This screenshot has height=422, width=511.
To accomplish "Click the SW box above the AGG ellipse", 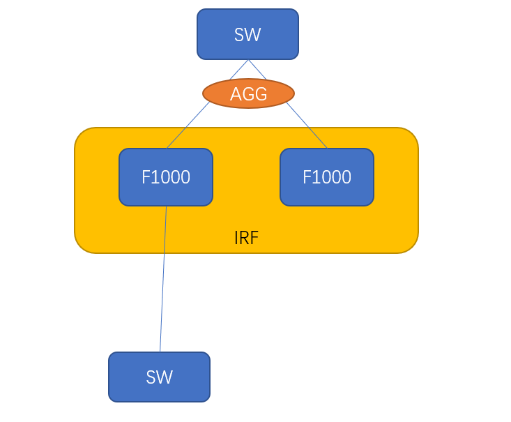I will [x=247, y=34].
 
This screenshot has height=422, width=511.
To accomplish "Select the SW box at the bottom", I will [x=159, y=377].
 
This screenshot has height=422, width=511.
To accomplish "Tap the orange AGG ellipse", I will [x=248, y=93].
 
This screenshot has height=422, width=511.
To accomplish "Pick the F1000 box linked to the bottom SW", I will [x=166, y=177].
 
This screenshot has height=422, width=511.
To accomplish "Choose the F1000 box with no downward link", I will [x=327, y=177].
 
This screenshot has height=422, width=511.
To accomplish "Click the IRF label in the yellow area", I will [x=246, y=238].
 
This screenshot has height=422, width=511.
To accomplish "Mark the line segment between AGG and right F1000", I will [x=307, y=126].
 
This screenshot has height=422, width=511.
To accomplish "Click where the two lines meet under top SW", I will [x=248, y=60].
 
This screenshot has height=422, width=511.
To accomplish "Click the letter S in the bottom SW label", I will [x=151, y=377].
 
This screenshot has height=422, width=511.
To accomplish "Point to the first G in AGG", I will [x=248, y=94].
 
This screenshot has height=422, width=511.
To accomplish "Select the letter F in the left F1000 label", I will [x=146, y=177].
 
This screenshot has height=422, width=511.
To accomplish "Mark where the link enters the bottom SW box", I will [x=160, y=352].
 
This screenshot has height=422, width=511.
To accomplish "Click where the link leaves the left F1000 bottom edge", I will [x=166, y=206].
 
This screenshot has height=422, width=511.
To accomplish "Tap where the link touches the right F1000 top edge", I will [x=327, y=148].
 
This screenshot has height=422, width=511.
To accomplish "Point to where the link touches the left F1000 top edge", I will [x=167, y=148].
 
